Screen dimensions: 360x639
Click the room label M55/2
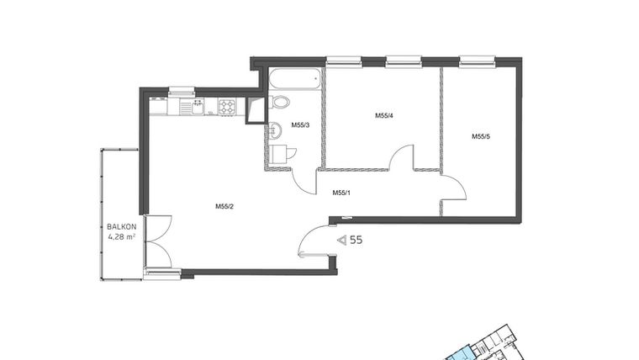[x=223, y=206]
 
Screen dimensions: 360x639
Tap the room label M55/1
[x=341, y=193]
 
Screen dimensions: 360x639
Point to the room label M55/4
[x=384, y=116]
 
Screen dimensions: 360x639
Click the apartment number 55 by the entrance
[x=356, y=240]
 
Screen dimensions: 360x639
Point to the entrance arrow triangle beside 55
[x=341, y=240]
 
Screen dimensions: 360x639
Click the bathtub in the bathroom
[x=293, y=81]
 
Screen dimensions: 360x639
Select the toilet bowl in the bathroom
[x=280, y=102]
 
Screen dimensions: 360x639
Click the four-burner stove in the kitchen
[x=228, y=106]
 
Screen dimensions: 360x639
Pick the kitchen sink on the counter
[x=195, y=106]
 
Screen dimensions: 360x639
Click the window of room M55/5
[x=476, y=61]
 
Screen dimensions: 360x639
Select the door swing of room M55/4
[x=403, y=157]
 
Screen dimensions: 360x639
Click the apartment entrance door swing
[x=316, y=242]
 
